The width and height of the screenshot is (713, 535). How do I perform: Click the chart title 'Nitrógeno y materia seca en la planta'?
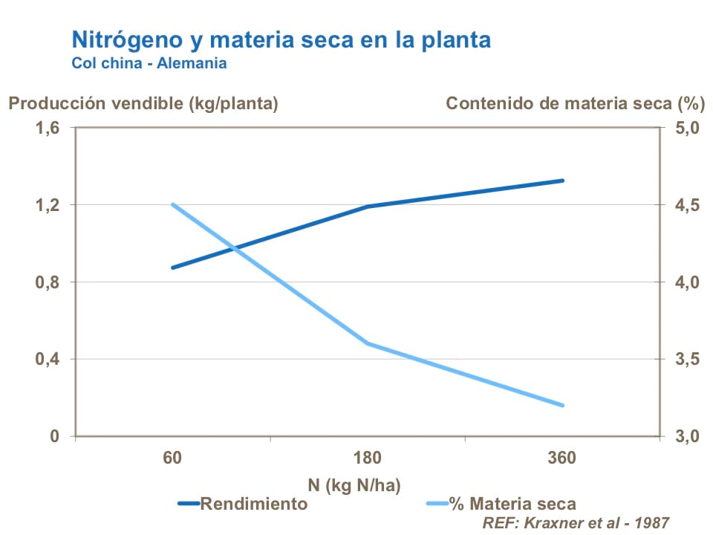point(281,39)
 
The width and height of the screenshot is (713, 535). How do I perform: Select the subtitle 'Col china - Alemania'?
point(149,63)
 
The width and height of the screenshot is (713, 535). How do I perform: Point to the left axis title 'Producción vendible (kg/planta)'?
point(143,103)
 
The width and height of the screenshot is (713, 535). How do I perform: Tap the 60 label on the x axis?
point(173,458)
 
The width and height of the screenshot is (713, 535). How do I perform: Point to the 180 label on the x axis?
point(368,458)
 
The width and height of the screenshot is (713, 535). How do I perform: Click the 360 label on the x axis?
point(562,458)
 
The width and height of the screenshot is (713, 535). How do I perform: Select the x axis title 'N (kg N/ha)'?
point(354,486)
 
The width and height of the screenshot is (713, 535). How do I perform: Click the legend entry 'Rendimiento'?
point(253,505)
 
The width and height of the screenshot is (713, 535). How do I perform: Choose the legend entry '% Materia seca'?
point(512,505)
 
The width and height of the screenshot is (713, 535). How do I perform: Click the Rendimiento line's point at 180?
point(368,207)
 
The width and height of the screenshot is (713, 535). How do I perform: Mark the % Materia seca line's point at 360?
point(563,406)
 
